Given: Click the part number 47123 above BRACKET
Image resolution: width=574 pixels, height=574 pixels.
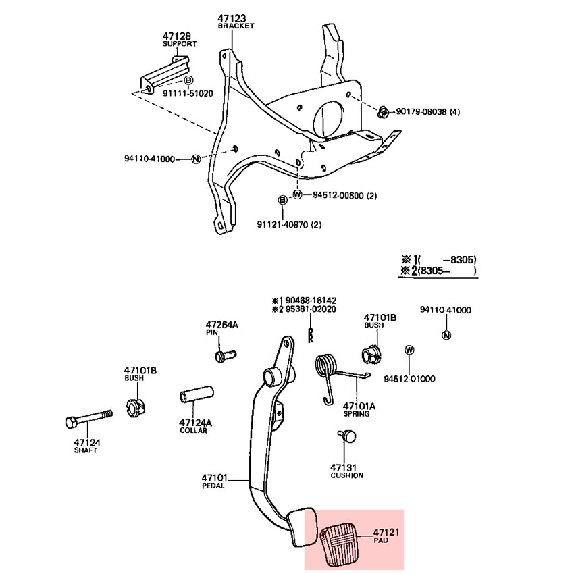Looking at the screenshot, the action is coord(232,18).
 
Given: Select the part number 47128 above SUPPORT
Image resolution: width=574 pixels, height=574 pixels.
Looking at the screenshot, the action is coord(177,36).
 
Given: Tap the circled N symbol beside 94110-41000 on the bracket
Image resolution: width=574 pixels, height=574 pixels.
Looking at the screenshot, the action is coord(197,159).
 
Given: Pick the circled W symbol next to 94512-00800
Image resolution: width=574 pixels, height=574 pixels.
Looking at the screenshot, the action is coord(297,194).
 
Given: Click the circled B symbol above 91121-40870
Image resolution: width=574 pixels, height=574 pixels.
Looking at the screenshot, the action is coord(282,200).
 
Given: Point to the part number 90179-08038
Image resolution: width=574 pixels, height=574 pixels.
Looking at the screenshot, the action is coord(421,111).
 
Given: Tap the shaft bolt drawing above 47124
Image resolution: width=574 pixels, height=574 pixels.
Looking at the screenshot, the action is coord(88,419).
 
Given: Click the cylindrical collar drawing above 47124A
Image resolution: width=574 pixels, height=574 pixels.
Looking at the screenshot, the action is coord(197,394).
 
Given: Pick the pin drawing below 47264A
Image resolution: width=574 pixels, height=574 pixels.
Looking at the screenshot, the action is coord(225,355).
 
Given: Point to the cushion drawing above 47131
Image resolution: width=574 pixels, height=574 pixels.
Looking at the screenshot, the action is coord(346,436).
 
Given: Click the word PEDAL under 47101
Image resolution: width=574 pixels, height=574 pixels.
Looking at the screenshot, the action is coord(213,486).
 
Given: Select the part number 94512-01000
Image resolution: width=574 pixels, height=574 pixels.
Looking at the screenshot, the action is coord(409,379).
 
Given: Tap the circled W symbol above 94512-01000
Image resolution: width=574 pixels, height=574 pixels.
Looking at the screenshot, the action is coord(409,350).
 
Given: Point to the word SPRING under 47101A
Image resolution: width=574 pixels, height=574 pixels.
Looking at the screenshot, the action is coord(356,414).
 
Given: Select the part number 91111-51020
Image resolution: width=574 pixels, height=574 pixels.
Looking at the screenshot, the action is coord(188,93).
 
